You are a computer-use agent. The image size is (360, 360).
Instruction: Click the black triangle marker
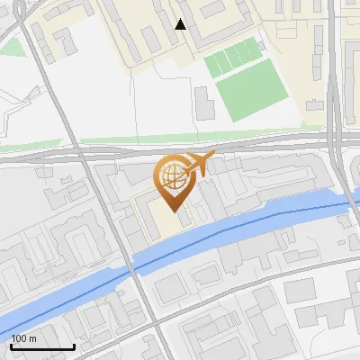(180, 24)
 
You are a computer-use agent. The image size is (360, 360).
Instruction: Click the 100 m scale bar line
(42, 346)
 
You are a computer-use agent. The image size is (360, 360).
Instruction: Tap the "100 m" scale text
(24, 338)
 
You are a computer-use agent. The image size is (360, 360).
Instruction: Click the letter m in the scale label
(32, 338)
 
